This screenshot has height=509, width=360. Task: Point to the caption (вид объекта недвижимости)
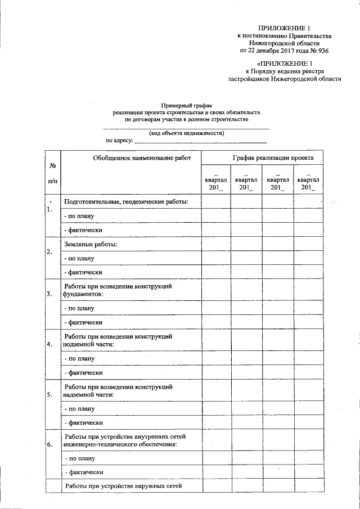(x=187, y=133)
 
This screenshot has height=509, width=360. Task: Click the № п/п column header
(x=52, y=173)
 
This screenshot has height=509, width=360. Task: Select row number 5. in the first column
(x=50, y=394)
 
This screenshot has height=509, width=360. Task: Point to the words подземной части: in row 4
(x=89, y=344)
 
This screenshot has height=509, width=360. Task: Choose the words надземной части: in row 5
(x=89, y=394)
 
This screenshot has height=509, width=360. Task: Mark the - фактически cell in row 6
(x=83, y=473)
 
